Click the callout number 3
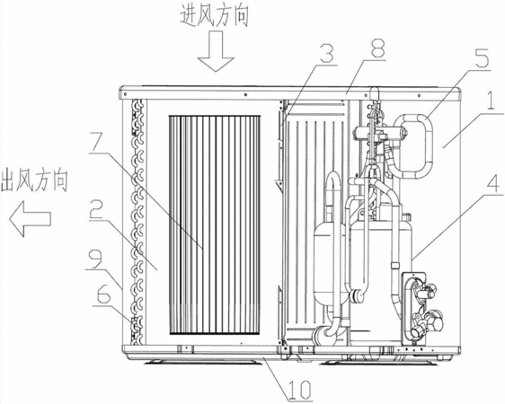pyautogui.click(x=327, y=53)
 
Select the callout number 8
pyautogui.click(x=377, y=48)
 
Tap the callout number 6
pyautogui.click(x=102, y=295)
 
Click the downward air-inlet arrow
pyautogui.click(x=216, y=51)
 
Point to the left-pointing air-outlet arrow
pyautogui.click(x=30, y=219)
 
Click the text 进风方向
pyautogui.click(x=214, y=15)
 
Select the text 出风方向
pyautogui.click(x=34, y=181)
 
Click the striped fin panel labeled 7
pyautogui.click(x=215, y=224)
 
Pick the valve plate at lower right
pyautogui.click(x=414, y=308)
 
